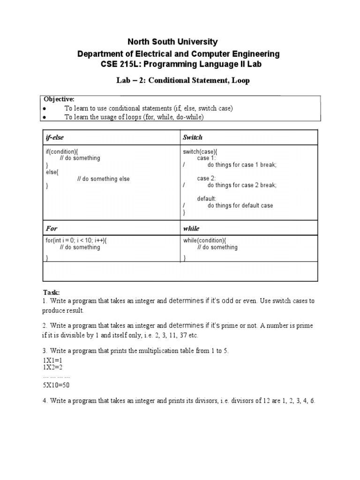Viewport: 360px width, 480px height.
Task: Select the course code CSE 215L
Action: [119, 64]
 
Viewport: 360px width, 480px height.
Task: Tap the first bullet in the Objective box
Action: [45, 109]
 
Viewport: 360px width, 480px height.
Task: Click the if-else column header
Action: [54, 137]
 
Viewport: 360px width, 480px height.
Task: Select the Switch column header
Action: [193, 137]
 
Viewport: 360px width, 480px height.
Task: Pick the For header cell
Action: [52, 229]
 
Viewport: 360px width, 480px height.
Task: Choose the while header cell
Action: [191, 229]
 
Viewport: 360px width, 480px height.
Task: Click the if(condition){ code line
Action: [62, 152]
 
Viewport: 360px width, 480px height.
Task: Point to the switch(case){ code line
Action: [200, 152]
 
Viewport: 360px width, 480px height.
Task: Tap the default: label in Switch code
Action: [207, 199]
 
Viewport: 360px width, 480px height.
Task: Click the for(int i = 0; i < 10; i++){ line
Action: [79, 240]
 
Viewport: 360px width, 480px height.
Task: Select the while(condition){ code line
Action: [205, 240]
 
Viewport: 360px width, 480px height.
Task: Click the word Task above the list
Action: [51, 292]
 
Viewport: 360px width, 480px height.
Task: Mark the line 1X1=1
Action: [52, 360]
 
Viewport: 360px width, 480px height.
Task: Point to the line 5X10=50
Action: [56, 385]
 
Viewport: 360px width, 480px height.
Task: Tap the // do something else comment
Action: [103, 179]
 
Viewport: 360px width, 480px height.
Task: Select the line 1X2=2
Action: [52, 367]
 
